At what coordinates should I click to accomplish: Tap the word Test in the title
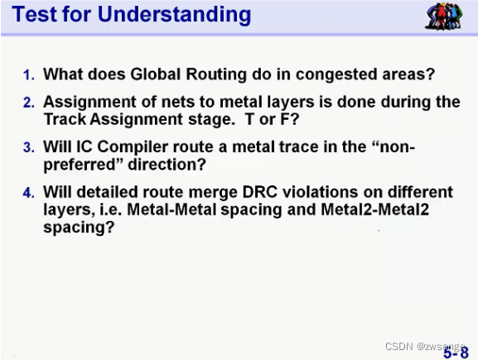(x=36, y=14)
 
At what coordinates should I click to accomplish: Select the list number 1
(x=28, y=75)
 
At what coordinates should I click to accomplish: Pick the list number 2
(x=28, y=103)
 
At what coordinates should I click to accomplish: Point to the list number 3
(x=28, y=148)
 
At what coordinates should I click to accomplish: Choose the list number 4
(x=28, y=194)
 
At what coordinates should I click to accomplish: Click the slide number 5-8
(x=455, y=352)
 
